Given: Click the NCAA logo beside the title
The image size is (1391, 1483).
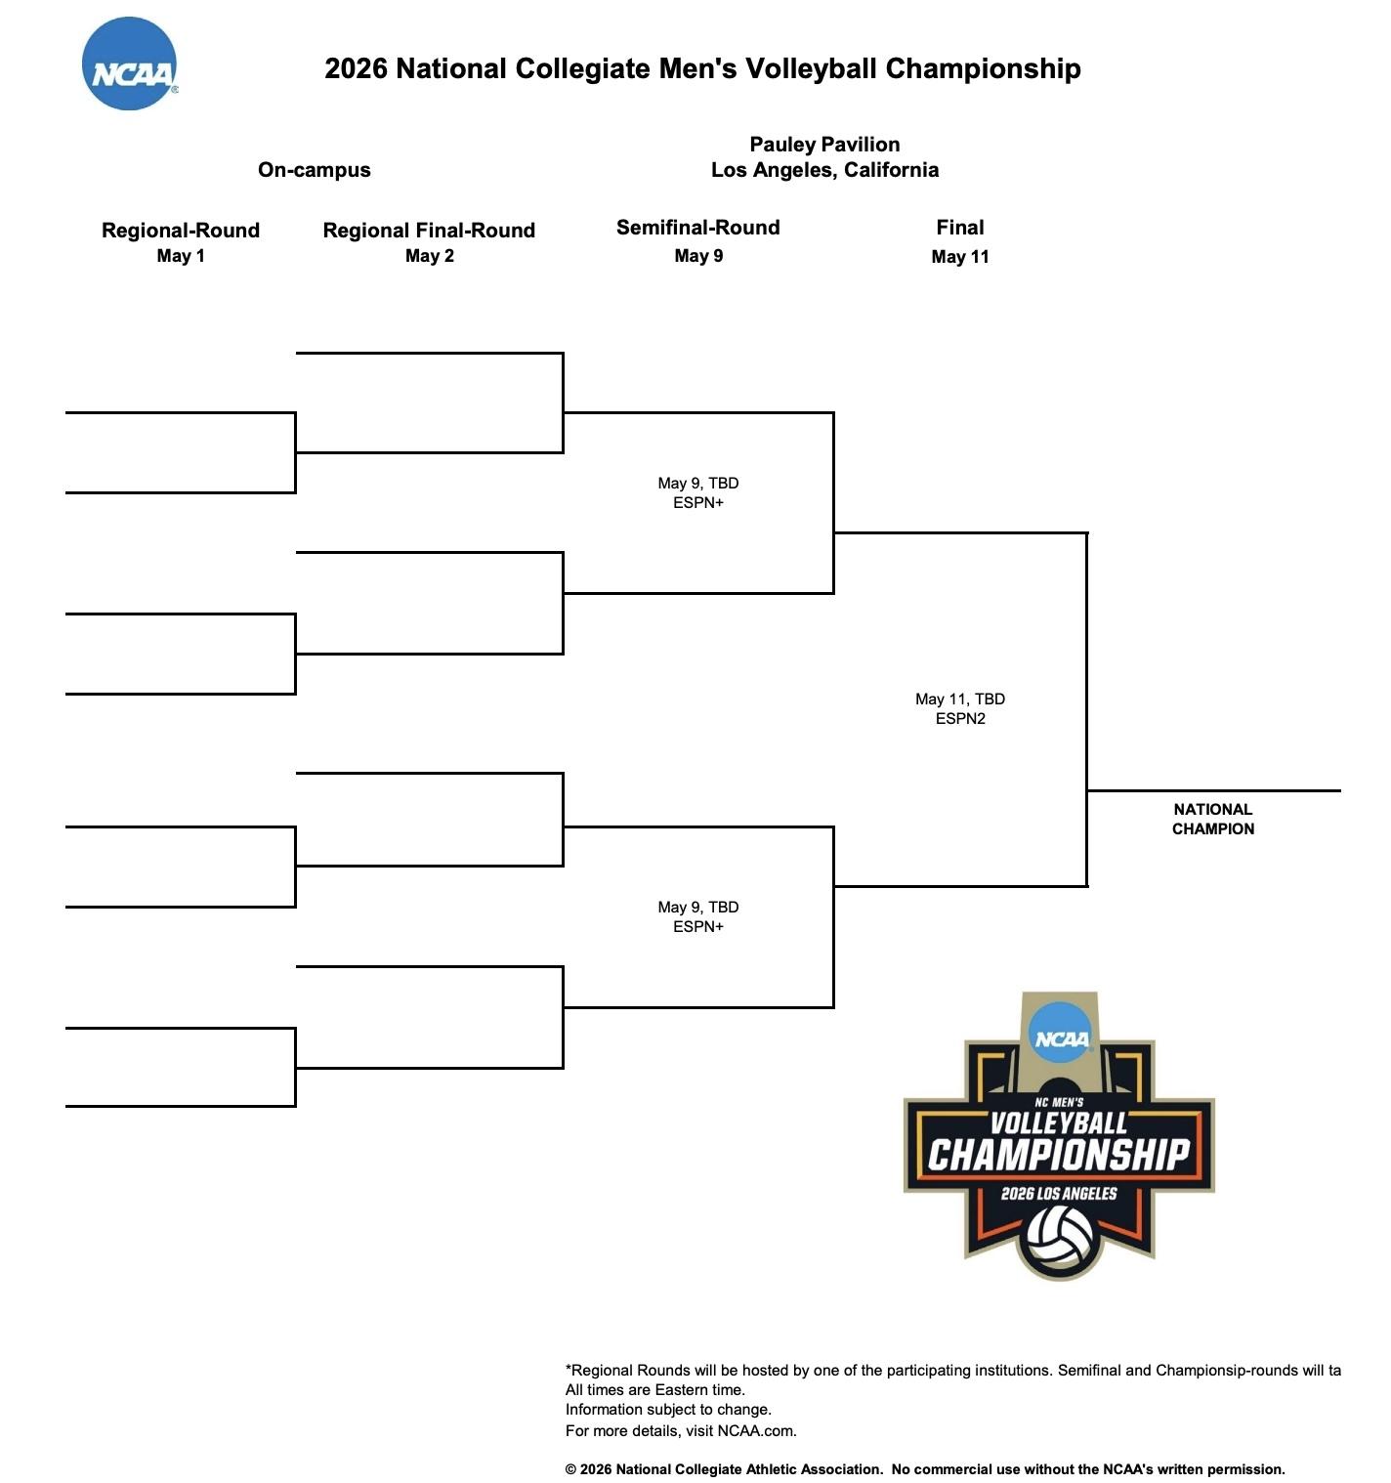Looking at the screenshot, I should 129,64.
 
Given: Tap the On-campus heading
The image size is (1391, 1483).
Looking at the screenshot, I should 314,170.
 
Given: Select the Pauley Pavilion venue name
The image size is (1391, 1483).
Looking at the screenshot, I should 824,145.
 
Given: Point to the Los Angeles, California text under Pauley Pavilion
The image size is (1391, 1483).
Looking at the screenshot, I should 824,170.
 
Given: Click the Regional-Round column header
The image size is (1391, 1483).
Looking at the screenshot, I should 181,231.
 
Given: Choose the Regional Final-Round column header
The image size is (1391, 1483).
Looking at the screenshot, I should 429,231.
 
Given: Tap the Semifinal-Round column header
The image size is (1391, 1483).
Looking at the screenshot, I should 697,228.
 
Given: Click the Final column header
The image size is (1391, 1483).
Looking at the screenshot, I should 959,228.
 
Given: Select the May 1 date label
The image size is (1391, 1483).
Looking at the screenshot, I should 181,256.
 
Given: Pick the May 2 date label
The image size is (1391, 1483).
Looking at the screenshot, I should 429,256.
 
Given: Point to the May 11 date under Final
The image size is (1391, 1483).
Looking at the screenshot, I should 959,257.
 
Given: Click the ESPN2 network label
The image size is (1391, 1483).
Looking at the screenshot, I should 959,719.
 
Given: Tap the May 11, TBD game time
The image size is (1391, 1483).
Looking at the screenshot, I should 959,699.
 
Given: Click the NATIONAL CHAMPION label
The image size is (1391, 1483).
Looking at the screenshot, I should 1212,819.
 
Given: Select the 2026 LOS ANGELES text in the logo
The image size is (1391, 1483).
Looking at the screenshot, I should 1059,1193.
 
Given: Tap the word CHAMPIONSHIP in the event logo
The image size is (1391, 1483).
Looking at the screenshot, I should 1059,1155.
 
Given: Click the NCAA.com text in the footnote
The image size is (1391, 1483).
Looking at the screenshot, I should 755,1431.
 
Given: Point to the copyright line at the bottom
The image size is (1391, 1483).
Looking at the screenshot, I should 924,1469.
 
